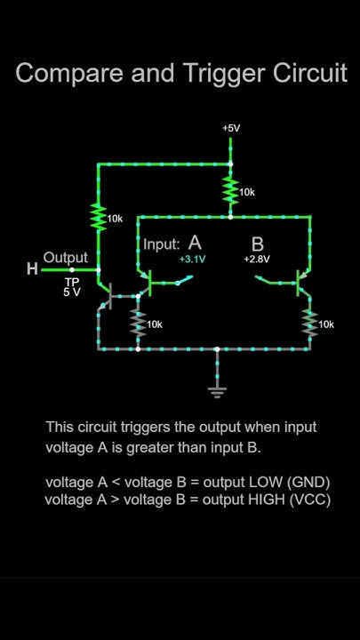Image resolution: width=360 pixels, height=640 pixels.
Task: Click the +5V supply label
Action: pyautogui.click(x=231, y=128)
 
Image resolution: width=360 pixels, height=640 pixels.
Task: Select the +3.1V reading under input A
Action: pyautogui.click(x=192, y=260)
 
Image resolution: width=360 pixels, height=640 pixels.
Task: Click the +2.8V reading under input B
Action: pyautogui.click(x=257, y=260)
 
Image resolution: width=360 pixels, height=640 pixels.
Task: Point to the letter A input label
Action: pyautogui.click(x=195, y=243)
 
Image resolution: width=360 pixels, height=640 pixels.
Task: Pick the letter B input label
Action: pyautogui.click(x=257, y=244)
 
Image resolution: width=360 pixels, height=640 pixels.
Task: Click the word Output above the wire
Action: pyautogui.click(x=66, y=258)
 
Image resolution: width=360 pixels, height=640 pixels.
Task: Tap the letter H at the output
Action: pyautogui.click(x=32, y=269)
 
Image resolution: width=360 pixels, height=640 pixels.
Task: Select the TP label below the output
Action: pyautogui.click(x=71, y=281)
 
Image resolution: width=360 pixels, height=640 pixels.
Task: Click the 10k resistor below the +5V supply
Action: pyautogui.click(x=231, y=189)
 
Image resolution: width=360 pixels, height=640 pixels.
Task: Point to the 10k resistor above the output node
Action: pyautogui.click(x=97, y=216)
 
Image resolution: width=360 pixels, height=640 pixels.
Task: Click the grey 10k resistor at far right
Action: pyautogui.click(x=309, y=324)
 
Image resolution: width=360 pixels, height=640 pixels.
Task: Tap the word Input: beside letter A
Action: pyautogui.click(x=162, y=244)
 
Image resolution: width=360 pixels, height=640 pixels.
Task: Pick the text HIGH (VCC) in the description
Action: pyautogui.click(x=292, y=500)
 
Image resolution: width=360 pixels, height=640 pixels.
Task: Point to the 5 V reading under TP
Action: pyautogui.click(x=71, y=292)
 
